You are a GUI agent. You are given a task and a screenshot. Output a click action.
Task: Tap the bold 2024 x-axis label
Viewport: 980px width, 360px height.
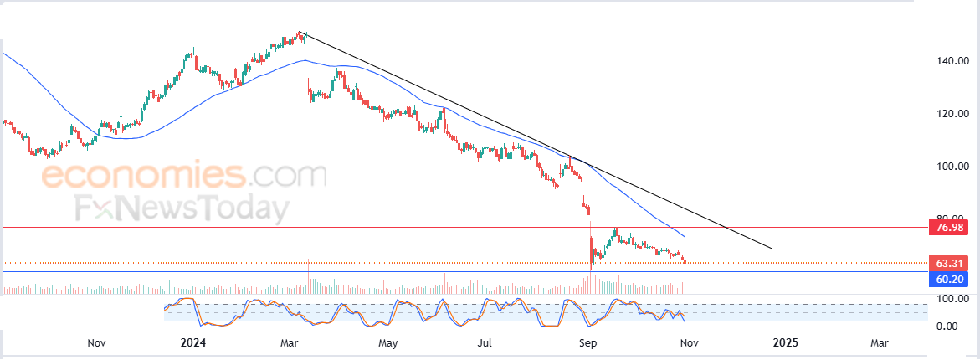click(x=192, y=342)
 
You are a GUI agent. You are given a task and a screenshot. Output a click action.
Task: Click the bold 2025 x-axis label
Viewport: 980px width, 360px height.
click(x=785, y=342)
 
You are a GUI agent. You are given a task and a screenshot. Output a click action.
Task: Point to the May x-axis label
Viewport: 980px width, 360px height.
click(x=387, y=342)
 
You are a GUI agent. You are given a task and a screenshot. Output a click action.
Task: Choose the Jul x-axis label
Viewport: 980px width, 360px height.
click(x=485, y=342)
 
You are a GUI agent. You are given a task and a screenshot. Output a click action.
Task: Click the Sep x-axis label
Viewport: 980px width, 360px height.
click(x=587, y=342)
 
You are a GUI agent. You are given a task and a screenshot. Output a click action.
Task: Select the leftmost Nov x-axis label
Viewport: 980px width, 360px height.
click(x=96, y=342)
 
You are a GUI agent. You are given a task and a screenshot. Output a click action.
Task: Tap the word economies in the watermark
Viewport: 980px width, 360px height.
click(x=143, y=177)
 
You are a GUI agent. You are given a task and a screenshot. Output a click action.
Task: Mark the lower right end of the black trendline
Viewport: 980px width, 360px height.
click(x=770, y=249)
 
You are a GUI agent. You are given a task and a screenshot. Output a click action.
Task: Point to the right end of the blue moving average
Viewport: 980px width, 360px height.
click(x=685, y=237)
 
